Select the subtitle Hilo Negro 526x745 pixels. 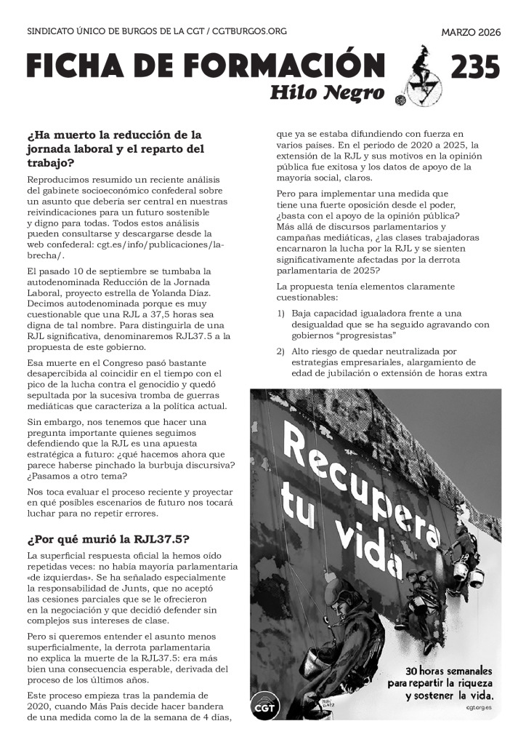[327, 93]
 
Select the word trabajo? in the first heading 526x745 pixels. [50, 163]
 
